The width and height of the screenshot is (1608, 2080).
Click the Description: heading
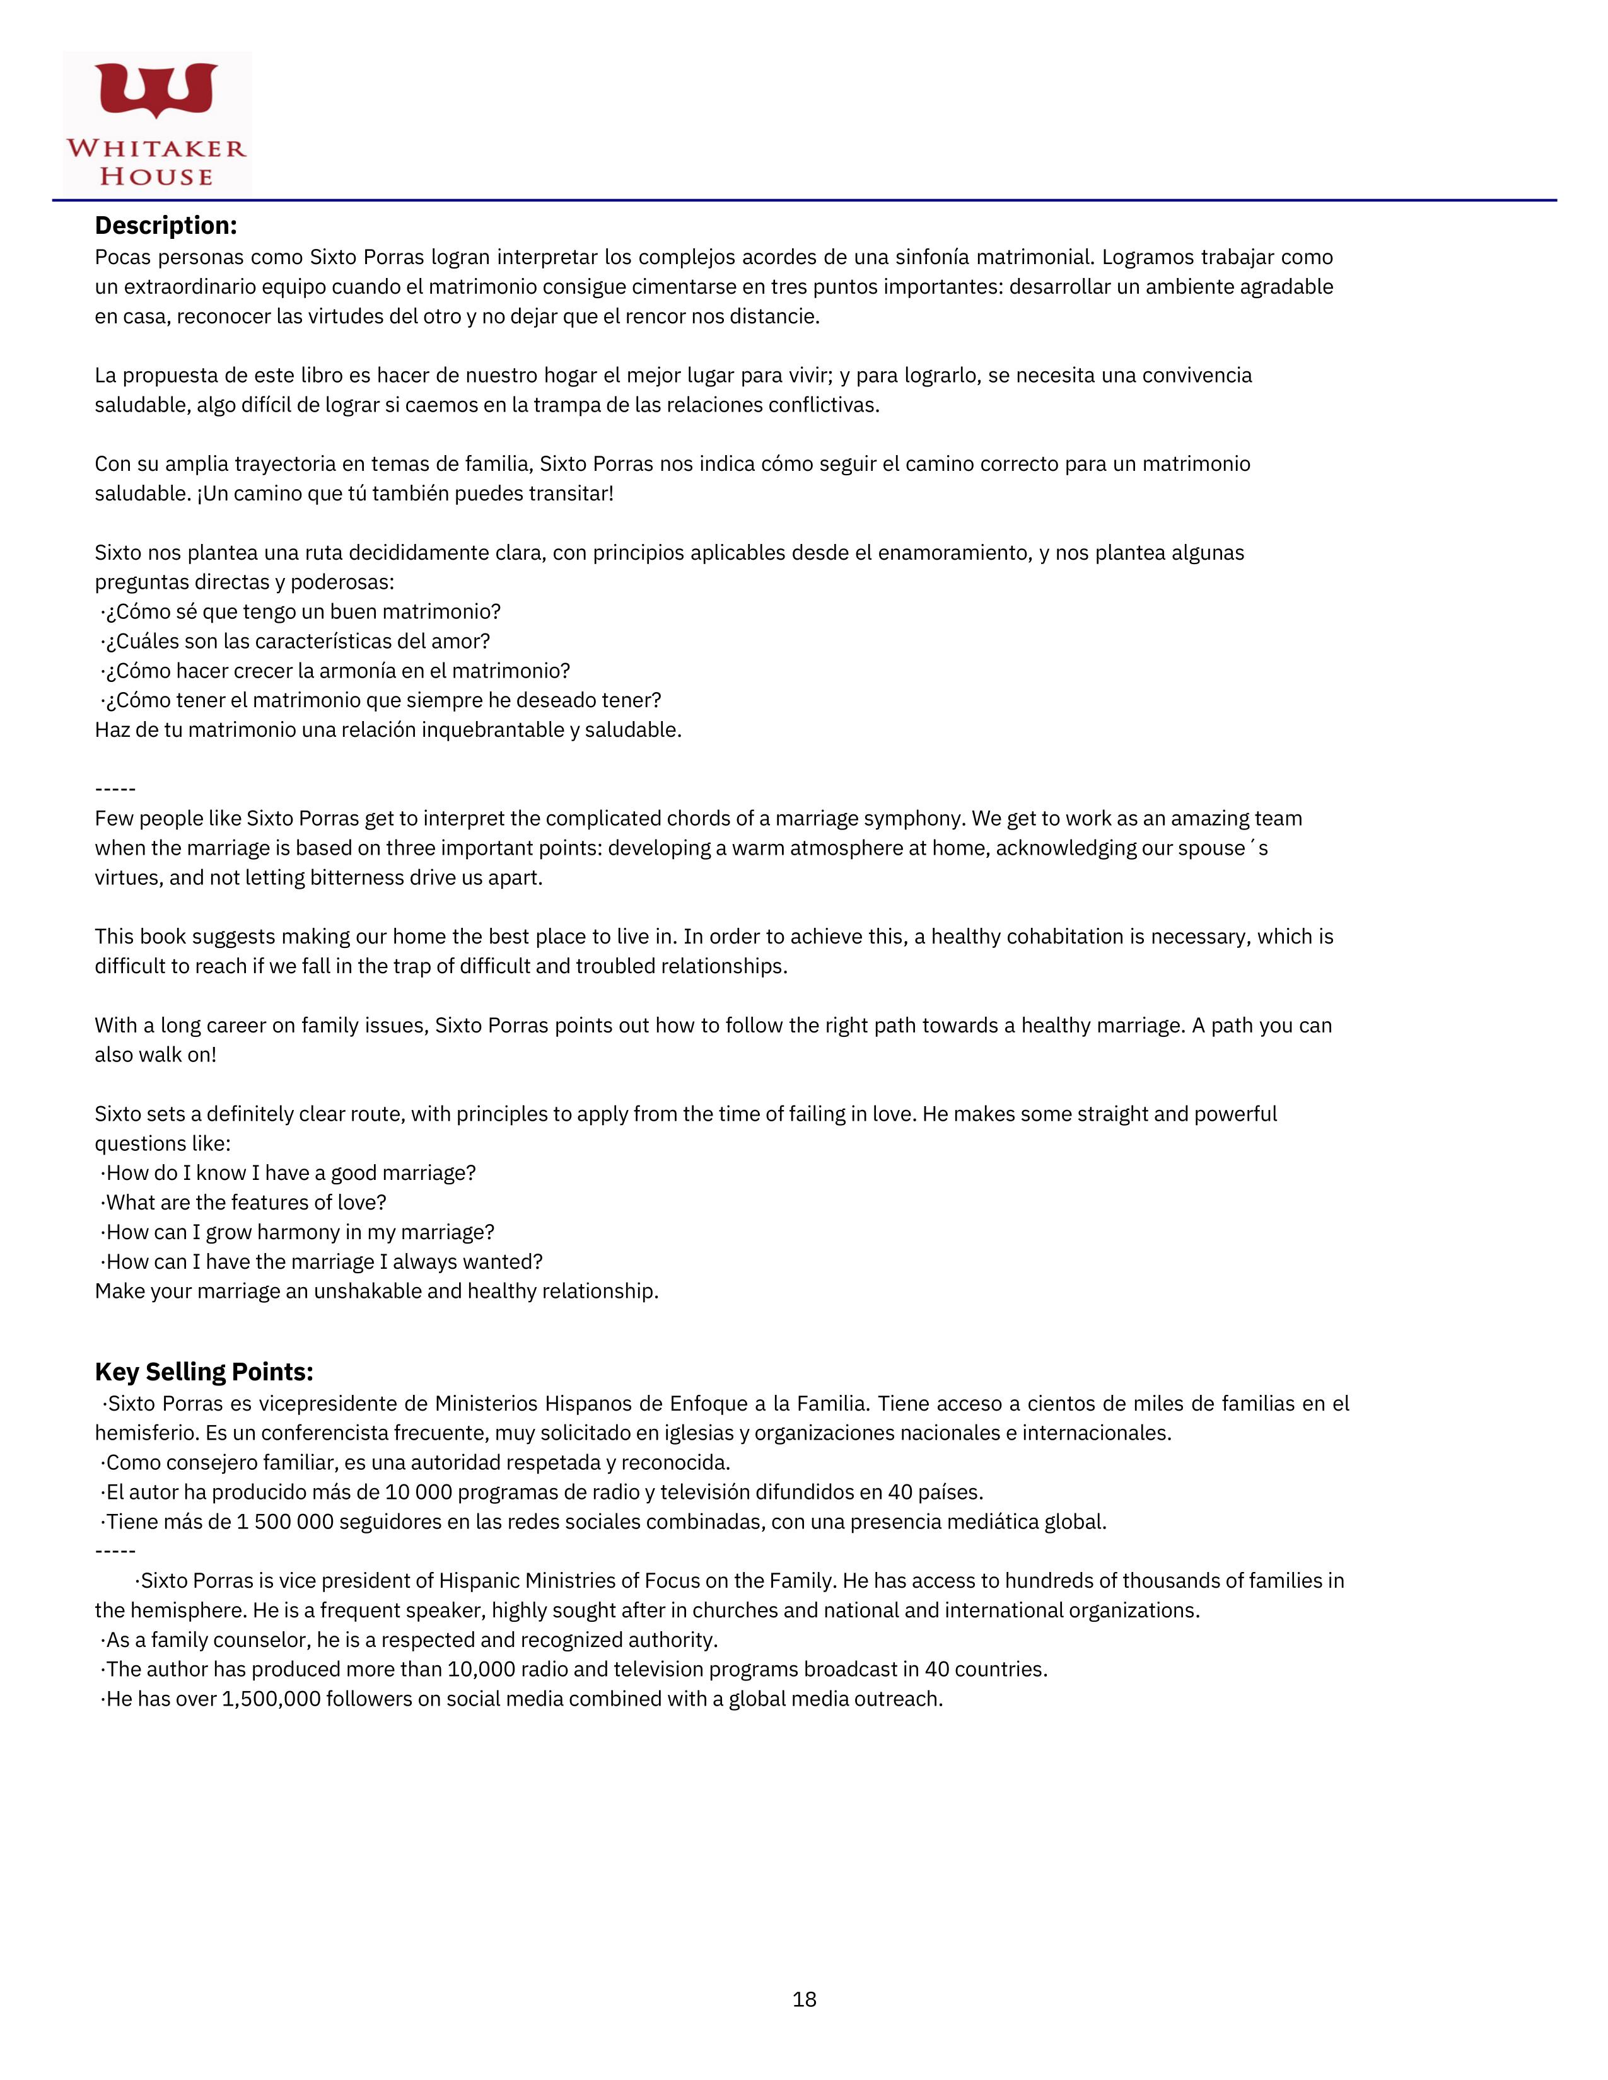pyautogui.click(x=166, y=226)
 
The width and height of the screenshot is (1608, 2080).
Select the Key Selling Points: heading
pyautogui.click(x=204, y=1372)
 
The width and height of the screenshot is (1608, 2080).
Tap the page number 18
pyautogui.click(x=804, y=1999)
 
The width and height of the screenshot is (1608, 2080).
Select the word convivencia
pyautogui.click(x=1196, y=375)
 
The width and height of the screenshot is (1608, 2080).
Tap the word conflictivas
pyautogui.click(x=819, y=405)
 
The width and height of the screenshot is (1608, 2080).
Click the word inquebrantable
pyautogui.click(x=494, y=731)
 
